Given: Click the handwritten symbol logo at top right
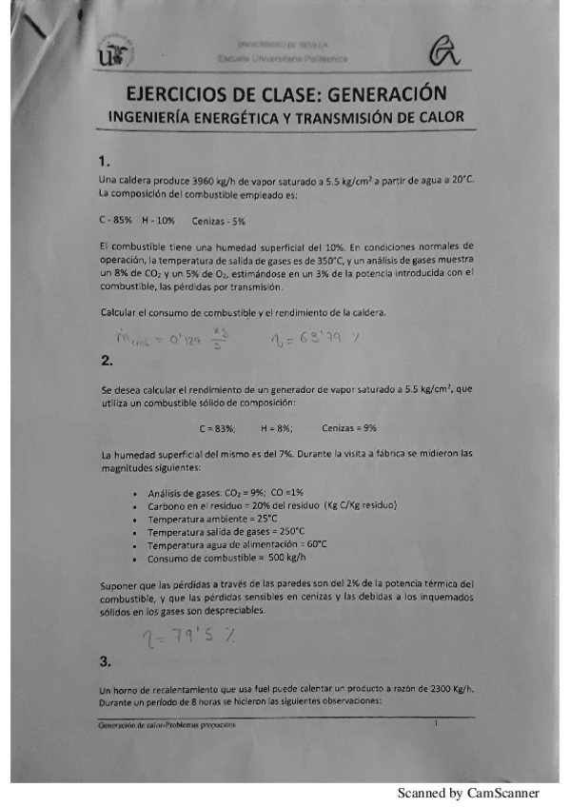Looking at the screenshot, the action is click(446, 55).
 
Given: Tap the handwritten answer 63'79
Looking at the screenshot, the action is click(325, 336).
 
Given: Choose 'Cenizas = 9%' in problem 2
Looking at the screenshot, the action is click(350, 429).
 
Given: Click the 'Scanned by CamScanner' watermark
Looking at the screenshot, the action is click(468, 793).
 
